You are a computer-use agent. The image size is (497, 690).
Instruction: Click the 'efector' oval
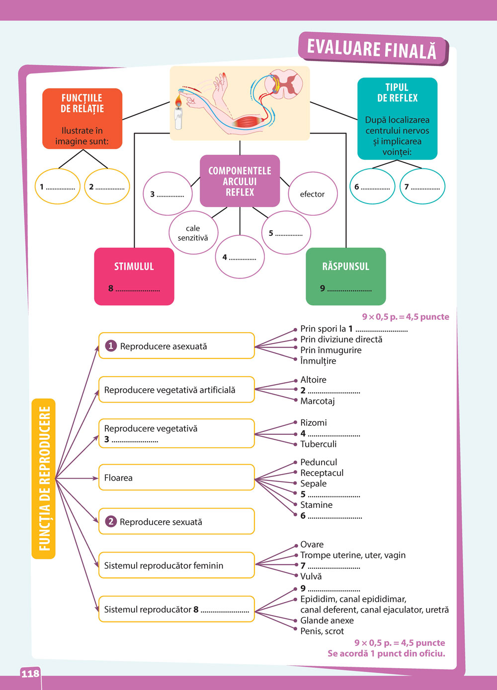[x=312, y=194]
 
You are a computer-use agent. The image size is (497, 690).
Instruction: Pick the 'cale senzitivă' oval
[x=193, y=233]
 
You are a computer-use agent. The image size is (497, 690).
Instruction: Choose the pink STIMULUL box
[x=134, y=276]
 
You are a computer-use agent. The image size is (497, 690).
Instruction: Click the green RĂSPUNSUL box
[x=346, y=276]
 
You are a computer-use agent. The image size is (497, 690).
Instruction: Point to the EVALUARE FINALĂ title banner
[x=372, y=49]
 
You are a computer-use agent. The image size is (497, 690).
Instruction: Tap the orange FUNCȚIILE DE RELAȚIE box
[x=82, y=119]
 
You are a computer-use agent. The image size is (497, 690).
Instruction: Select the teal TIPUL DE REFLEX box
[x=397, y=119]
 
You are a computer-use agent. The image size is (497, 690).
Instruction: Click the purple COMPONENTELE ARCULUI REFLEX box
[x=240, y=181]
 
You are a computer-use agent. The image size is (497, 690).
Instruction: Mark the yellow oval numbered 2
[x=107, y=187]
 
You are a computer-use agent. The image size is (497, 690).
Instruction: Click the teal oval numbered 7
[x=422, y=187]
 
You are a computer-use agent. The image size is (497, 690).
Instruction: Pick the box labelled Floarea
[x=176, y=478]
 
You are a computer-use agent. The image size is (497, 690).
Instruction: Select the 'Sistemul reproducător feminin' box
[x=176, y=565]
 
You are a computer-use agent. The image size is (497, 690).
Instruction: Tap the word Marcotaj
[x=318, y=401]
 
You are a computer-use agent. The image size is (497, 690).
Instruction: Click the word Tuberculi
[x=319, y=444]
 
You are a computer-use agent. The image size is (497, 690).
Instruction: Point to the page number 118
[x=30, y=674]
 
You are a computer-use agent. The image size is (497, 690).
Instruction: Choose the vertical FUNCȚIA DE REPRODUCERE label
[x=44, y=479]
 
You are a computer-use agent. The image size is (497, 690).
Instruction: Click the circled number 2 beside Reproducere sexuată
[x=111, y=522]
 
